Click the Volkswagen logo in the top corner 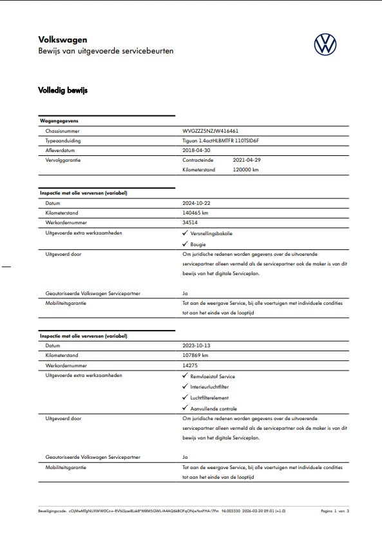(x=326, y=44)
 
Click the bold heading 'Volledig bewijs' (x=62, y=90)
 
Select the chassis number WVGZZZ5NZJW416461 (x=211, y=130)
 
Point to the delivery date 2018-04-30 (x=197, y=149)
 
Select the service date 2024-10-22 (x=197, y=202)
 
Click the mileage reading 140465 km (x=196, y=212)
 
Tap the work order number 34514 (x=190, y=222)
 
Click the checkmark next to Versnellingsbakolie (x=185, y=232)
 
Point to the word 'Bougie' (x=198, y=244)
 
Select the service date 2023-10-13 (x=197, y=345)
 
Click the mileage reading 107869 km (x=196, y=355)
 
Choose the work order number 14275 (x=190, y=365)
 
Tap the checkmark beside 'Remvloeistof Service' (x=185, y=376)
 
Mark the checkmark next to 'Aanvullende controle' (x=185, y=409)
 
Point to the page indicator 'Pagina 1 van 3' (x=334, y=510)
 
